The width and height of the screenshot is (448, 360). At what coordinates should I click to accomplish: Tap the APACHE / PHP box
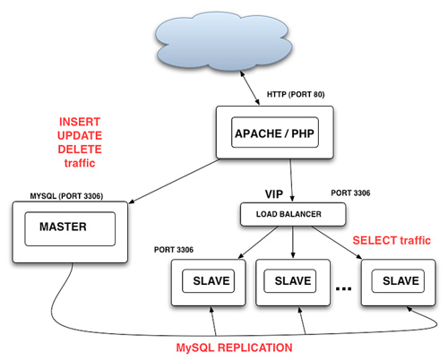[275, 133]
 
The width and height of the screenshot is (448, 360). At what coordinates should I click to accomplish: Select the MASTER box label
[63, 227]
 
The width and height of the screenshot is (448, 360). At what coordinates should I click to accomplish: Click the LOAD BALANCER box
[293, 214]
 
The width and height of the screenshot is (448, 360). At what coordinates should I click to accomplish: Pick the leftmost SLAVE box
[209, 282]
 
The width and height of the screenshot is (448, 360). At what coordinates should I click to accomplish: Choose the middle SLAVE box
[293, 282]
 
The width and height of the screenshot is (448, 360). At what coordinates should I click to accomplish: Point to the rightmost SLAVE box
[398, 282]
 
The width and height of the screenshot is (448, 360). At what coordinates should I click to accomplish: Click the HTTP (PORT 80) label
[296, 94]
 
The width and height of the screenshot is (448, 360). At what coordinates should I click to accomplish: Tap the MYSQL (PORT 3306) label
[66, 196]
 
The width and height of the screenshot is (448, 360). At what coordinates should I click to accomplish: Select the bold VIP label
[274, 194]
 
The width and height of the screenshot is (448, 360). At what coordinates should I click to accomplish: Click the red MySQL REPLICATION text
[234, 347]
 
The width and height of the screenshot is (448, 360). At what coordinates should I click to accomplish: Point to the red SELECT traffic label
[392, 240]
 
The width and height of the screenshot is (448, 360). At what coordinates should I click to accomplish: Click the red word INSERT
[80, 122]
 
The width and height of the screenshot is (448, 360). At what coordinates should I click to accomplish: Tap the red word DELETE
[80, 150]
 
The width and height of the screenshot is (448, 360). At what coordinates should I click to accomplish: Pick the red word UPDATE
[80, 135]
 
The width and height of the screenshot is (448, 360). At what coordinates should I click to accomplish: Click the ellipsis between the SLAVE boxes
[343, 288]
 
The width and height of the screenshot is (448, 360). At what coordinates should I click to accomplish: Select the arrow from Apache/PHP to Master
[174, 181]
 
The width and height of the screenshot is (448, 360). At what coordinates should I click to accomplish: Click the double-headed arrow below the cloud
[250, 88]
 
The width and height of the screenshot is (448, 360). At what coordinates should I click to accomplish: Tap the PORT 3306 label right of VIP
[350, 193]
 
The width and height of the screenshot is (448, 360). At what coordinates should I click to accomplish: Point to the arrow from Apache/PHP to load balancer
[291, 180]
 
